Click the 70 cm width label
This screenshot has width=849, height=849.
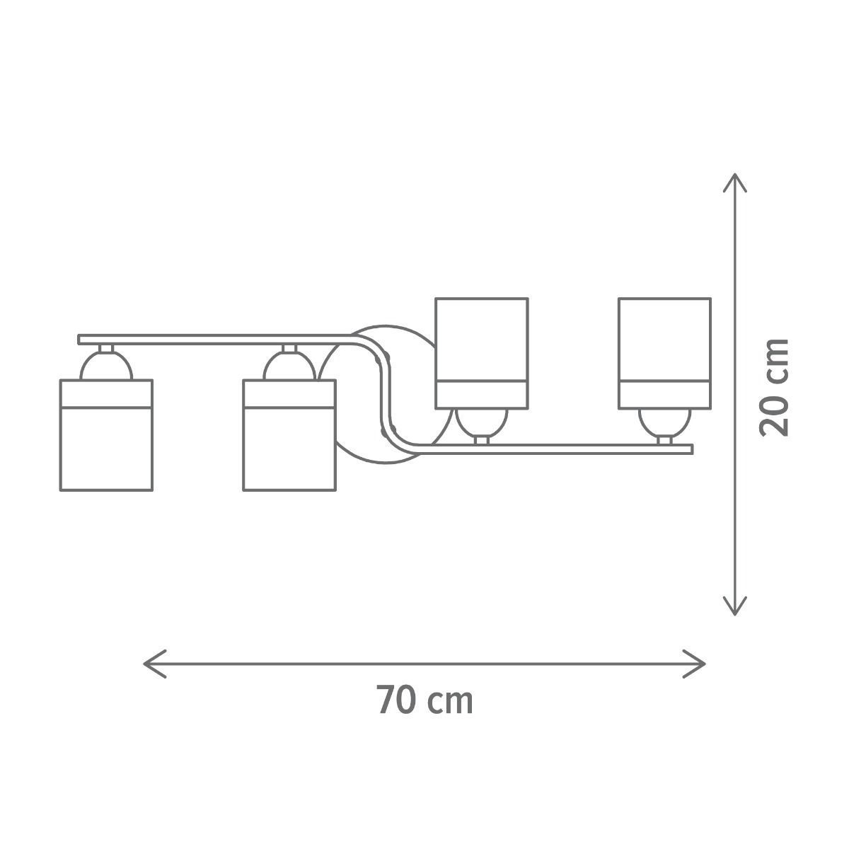[425, 700]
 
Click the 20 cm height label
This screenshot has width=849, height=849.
[774, 388]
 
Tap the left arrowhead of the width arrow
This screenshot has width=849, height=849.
[155, 664]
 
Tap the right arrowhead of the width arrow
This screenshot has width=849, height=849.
[694, 664]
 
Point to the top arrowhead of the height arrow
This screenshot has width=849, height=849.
[734, 183]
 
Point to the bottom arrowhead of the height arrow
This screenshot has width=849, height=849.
[734, 606]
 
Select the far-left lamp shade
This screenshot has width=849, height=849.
[106, 435]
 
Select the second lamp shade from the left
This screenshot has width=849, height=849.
[289, 435]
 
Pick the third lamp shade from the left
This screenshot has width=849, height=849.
[482, 353]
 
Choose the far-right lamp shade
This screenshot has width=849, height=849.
[664, 353]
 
